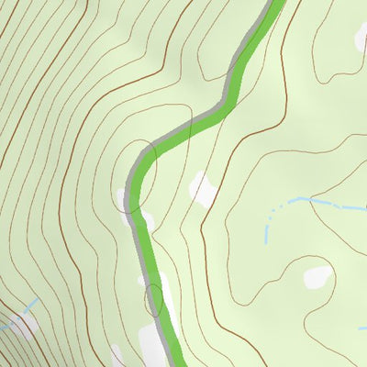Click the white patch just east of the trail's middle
203,188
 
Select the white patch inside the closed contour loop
317,276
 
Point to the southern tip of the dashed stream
266,240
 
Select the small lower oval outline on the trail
154,299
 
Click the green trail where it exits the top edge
276,4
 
